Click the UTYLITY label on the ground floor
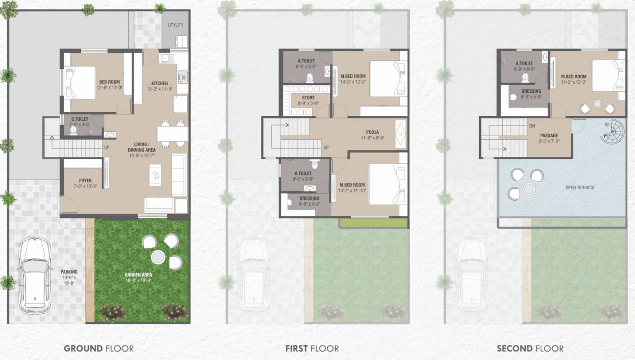coord(175,25)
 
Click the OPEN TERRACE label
coord(579,188)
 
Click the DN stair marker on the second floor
coord(532,126)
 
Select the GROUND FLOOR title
coord(99,349)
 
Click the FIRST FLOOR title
coord(312,349)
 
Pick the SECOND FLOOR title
coord(530,349)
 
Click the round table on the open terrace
coord(529,189)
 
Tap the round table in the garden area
coord(158,257)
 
